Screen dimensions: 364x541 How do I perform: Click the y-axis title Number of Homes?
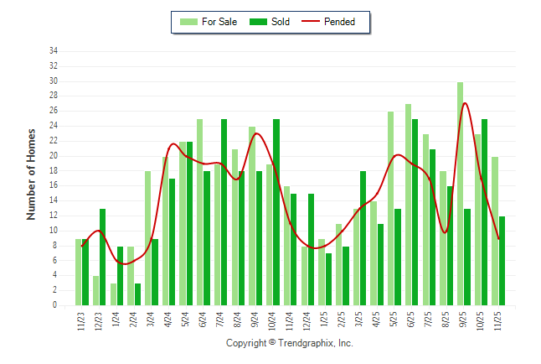click(x=31, y=174)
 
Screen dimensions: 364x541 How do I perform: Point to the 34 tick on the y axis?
click(x=54, y=51)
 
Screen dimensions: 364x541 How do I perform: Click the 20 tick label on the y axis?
click(x=54, y=156)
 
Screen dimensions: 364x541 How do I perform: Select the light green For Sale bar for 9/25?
click(x=461, y=194)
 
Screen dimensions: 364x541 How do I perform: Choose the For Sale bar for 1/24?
click(x=113, y=294)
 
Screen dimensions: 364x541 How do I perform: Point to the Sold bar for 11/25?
click(x=502, y=261)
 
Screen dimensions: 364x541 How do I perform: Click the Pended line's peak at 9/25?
click(x=465, y=103)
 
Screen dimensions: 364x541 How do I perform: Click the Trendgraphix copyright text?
click(x=290, y=343)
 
